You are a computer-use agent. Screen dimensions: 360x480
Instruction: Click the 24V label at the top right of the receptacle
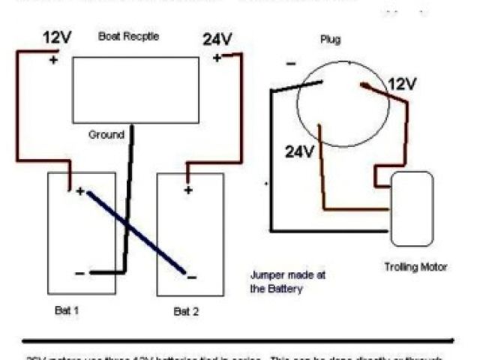pos(217,39)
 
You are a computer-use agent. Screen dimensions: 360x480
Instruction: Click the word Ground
pos(106,135)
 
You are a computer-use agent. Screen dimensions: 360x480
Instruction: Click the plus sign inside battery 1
pos(80,190)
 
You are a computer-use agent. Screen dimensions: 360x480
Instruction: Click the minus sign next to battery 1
pos(80,274)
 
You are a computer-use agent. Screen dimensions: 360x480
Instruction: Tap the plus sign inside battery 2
pos(188,190)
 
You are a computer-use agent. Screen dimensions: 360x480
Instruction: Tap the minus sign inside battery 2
pos(192,277)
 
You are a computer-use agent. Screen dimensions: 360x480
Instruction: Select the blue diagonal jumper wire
pos(135,231)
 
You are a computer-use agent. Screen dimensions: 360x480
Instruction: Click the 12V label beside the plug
pos(402,84)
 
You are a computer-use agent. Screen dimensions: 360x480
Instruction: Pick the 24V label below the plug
pos(298,152)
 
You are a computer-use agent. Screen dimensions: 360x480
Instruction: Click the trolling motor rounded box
pos(412,208)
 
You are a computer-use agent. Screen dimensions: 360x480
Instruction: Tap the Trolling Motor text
pos(415,266)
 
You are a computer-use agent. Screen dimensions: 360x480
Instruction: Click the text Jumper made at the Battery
pos(288,281)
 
